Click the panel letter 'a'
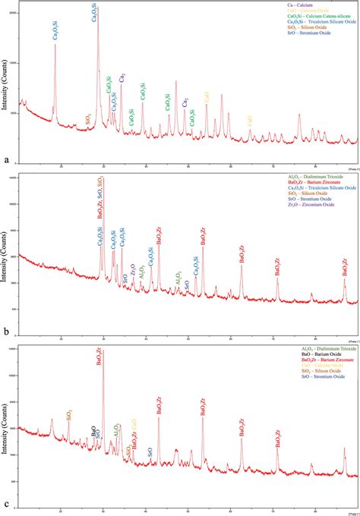click(x=7, y=160)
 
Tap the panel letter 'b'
click(x=7, y=332)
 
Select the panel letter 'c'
click(x=7, y=504)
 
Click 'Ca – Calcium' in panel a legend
click(x=258, y=5)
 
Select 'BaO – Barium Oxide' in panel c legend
click(x=273, y=355)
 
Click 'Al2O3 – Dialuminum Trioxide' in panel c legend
click(x=284, y=349)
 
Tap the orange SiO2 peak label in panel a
click(x=89, y=118)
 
